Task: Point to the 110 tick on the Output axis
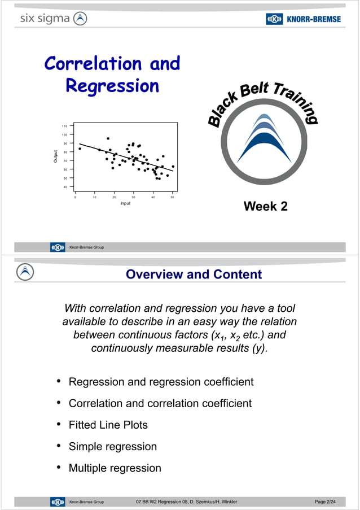coord(64,125)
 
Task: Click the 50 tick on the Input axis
coord(173,197)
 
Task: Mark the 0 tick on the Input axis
coord(76,197)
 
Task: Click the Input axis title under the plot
coord(125,203)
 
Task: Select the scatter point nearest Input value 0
coord(80,149)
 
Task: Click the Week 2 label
coord(265,207)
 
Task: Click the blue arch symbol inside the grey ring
coord(264,138)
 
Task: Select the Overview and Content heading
coord(194,274)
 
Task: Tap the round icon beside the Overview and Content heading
coord(24,272)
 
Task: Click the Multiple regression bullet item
coord(115,468)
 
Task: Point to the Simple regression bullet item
coord(112,446)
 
